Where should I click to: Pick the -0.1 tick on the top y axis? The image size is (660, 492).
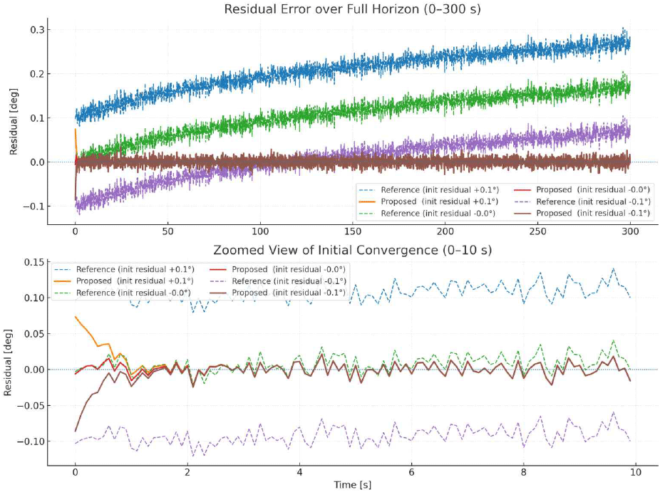coord(33,206)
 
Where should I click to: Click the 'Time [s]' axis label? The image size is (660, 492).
coord(353,485)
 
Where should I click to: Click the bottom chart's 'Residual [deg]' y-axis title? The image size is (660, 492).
coord(9,362)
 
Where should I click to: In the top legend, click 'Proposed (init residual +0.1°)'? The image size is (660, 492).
coord(430,201)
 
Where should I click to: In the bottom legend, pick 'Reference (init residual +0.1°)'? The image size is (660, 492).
coord(125,268)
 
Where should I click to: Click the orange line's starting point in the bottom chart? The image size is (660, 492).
coord(75,317)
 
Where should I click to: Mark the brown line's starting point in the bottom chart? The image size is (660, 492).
coord(75,431)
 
